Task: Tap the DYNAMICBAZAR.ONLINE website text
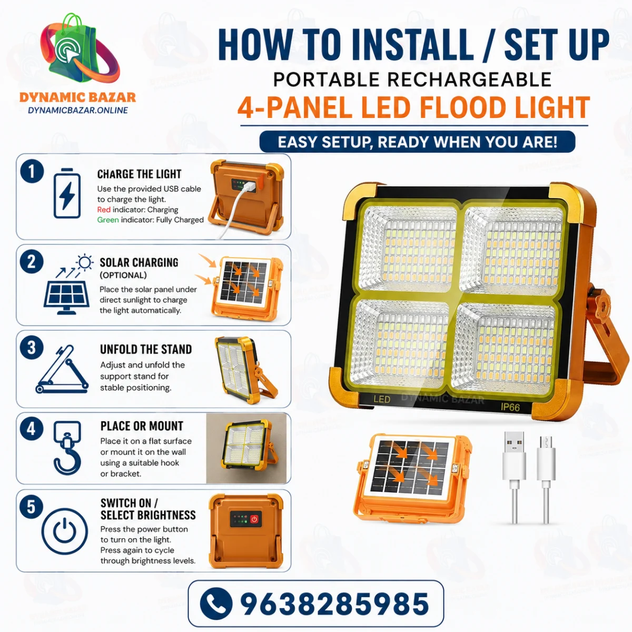click(78, 110)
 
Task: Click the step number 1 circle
click(32, 171)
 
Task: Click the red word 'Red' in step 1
click(104, 210)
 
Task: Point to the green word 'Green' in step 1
click(108, 220)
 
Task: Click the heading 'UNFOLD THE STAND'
click(146, 349)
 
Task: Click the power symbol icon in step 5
click(65, 531)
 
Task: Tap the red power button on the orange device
click(254, 519)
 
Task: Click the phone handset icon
click(216, 604)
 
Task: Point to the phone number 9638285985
click(335, 604)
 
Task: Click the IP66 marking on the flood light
click(510, 407)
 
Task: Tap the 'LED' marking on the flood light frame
click(382, 399)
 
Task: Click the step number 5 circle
click(32, 507)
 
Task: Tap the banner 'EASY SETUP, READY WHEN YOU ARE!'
click(417, 142)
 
